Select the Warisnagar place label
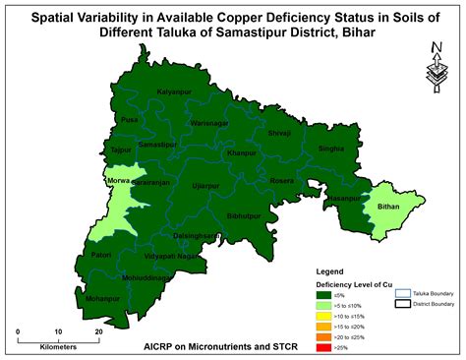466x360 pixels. (x=209, y=123)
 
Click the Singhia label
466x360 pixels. (x=331, y=148)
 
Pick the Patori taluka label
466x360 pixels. (x=101, y=255)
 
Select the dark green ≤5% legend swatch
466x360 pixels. (x=323, y=293)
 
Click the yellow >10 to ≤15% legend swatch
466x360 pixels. (x=323, y=315)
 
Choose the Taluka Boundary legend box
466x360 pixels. (x=402, y=293)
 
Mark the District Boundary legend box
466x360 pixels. (x=402, y=305)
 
